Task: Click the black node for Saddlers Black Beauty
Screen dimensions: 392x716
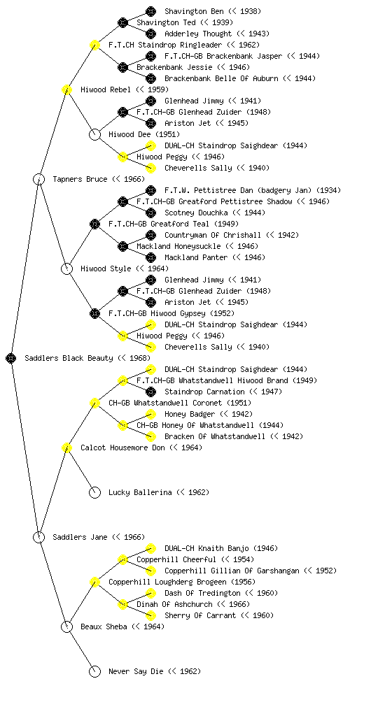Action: (11, 359)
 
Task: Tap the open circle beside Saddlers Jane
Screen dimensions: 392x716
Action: (38, 538)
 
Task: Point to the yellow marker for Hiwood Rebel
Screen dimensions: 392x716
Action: (66, 90)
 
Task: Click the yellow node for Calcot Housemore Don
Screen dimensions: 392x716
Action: (66, 448)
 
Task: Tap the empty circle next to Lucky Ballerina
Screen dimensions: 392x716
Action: (94, 493)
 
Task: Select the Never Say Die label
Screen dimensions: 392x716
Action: (136, 671)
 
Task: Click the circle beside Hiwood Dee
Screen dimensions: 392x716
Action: (94, 135)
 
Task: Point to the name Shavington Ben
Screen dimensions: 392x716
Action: (194, 11)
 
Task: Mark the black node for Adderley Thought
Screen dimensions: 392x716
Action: (150, 34)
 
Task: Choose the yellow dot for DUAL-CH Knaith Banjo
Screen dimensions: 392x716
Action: (150, 548)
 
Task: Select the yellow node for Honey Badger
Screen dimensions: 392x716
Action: (150, 415)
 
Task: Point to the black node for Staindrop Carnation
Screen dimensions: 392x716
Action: (150, 392)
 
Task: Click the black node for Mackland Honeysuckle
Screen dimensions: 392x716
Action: (122, 247)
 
